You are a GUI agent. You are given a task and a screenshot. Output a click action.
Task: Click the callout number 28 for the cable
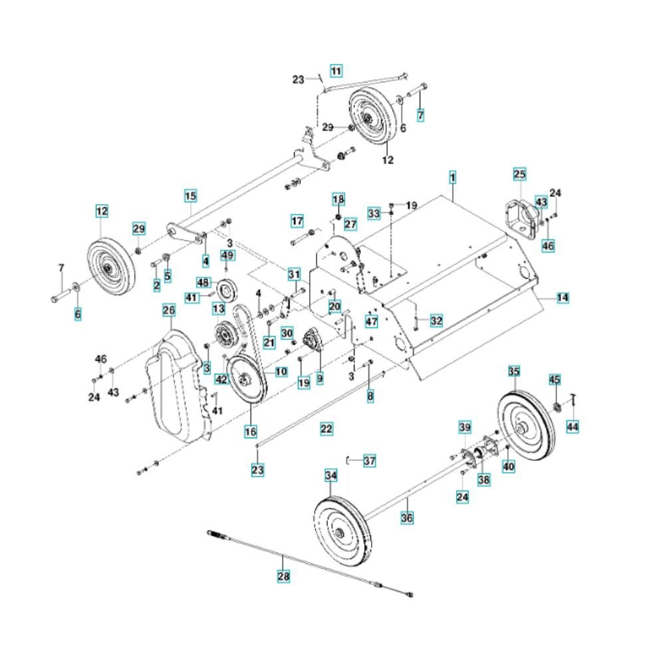click(x=284, y=576)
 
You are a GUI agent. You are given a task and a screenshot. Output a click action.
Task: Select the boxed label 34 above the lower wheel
click(x=331, y=475)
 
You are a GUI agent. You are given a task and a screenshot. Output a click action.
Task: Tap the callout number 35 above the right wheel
click(x=513, y=371)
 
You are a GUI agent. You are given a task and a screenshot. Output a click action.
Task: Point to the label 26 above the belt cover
click(x=169, y=311)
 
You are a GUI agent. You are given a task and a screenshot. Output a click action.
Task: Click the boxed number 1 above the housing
click(x=452, y=178)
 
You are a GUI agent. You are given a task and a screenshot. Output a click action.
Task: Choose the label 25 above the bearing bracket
click(x=519, y=174)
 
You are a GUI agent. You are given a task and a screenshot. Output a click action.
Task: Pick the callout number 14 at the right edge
click(x=563, y=298)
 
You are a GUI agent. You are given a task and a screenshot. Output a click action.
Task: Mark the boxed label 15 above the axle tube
click(x=190, y=196)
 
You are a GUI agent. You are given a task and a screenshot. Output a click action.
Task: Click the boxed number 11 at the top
click(x=336, y=70)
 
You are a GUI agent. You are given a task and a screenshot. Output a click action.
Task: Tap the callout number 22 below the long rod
click(x=326, y=429)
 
